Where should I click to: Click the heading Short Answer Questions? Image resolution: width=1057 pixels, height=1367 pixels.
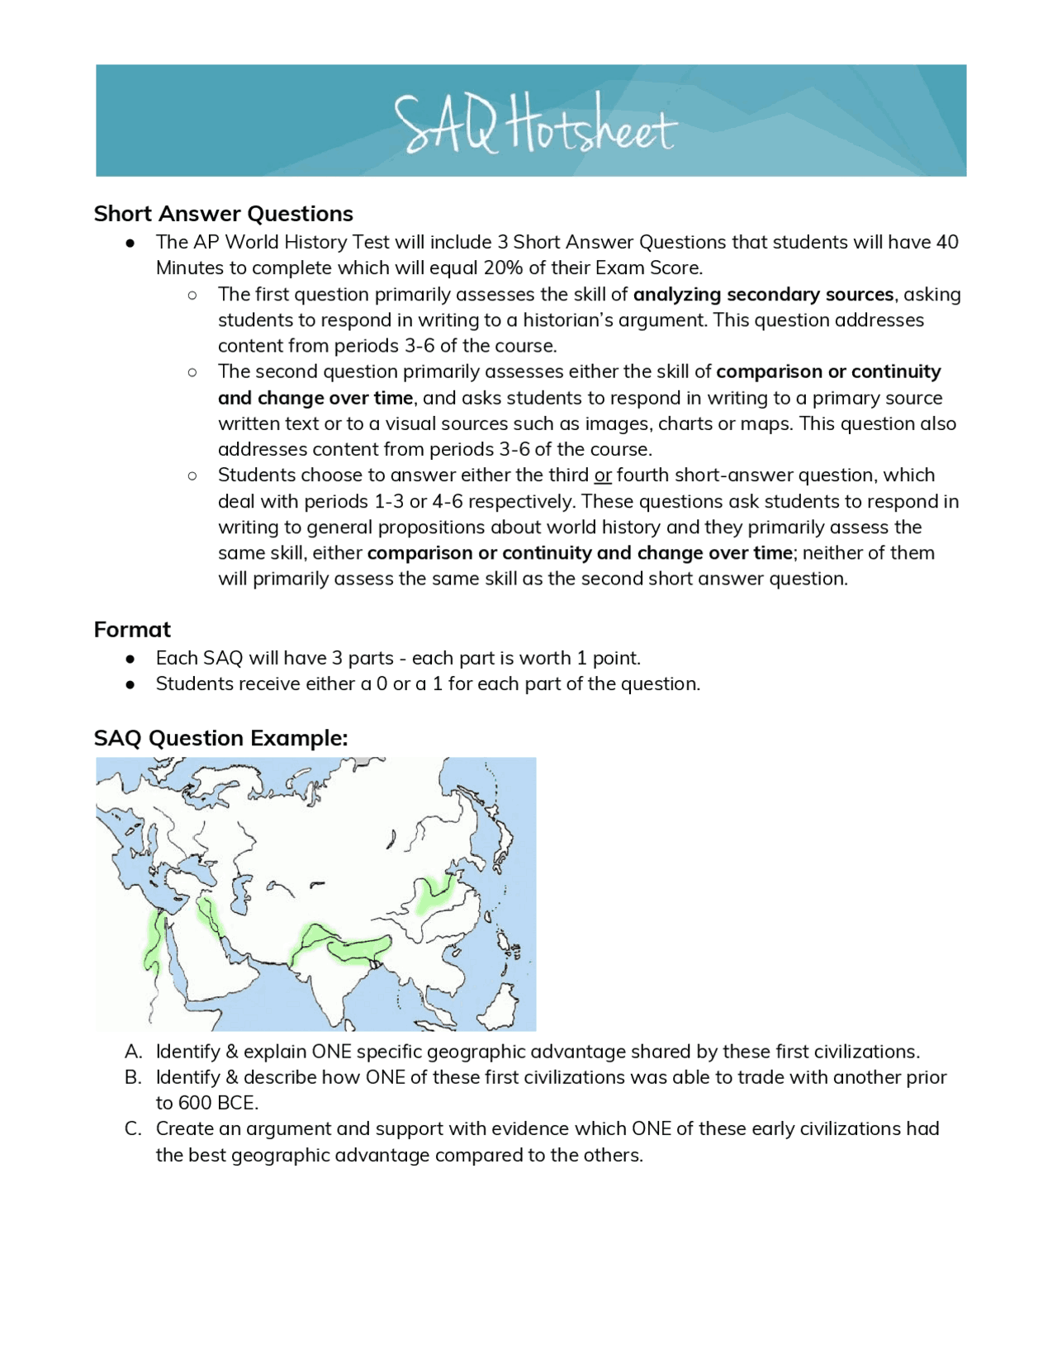tap(223, 214)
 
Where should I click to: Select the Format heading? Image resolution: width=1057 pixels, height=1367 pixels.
tap(132, 630)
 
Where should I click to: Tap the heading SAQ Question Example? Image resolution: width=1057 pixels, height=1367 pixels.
tap(220, 738)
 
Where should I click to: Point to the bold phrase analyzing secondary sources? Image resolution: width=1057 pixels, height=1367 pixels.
tap(763, 295)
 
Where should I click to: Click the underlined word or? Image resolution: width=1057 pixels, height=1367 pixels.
tap(603, 475)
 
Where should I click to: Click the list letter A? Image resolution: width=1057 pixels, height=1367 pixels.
tap(133, 1052)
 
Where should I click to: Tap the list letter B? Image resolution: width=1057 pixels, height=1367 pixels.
tap(133, 1077)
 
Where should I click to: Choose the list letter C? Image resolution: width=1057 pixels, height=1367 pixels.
tap(133, 1129)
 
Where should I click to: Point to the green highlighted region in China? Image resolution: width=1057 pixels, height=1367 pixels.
tap(434, 893)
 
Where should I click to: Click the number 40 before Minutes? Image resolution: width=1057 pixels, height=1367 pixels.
tap(946, 243)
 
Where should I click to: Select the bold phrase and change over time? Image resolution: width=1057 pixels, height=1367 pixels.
tap(315, 398)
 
